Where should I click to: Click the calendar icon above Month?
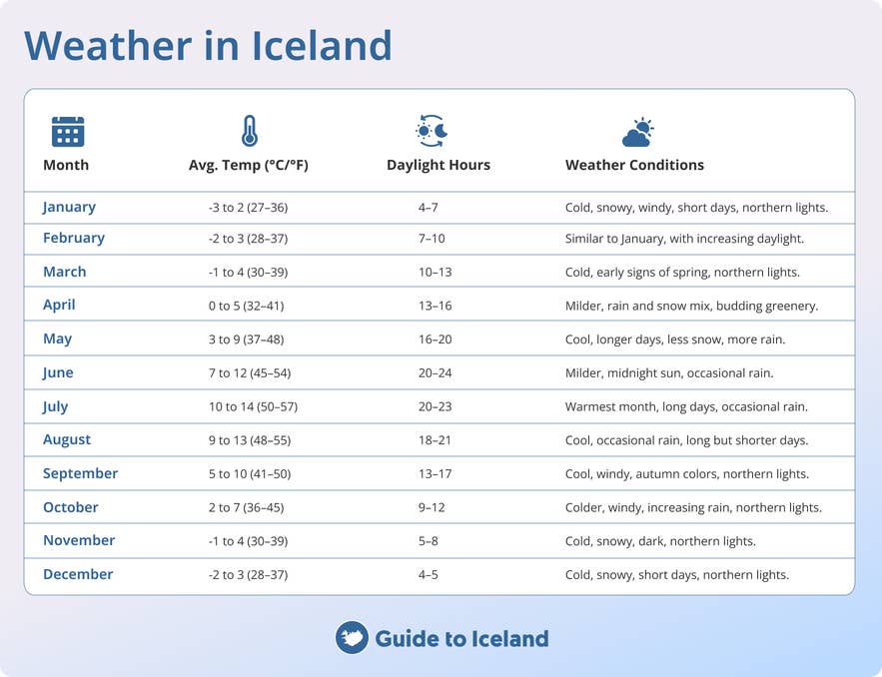point(68,131)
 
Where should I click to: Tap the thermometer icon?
point(249,131)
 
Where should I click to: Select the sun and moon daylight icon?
point(432,131)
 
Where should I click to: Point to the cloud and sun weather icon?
point(637,132)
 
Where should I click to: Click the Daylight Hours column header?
point(439,165)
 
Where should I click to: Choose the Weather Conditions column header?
point(634,165)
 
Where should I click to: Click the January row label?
point(69,207)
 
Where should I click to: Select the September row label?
point(80,473)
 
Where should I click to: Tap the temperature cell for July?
point(254,407)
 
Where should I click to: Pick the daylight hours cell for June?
point(436,373)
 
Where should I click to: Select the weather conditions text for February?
point(684,239)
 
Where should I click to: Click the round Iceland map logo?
point(352,638)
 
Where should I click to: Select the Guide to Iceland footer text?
point(461,638)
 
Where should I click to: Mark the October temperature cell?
point(246,508)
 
